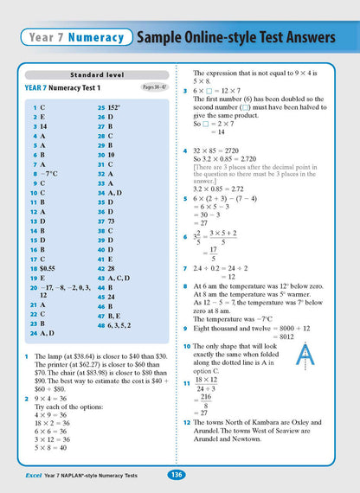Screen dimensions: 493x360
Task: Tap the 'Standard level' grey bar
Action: click(90, 75)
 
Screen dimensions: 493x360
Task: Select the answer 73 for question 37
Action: click(112, 221)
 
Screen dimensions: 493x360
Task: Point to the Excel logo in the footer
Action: click(27, 474)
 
